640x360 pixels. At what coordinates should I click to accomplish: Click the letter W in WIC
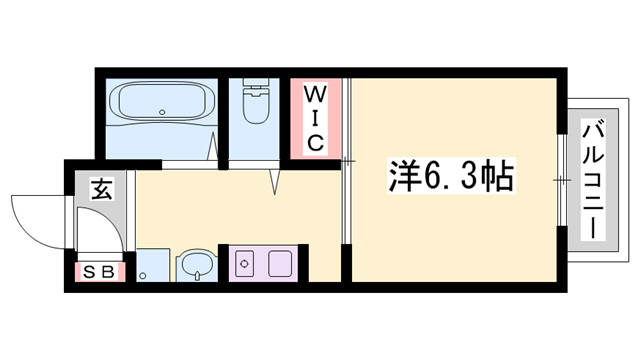(x=314, y=96)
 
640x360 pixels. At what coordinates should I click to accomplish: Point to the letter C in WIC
(x=314, y=143)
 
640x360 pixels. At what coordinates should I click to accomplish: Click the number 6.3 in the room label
(x=447, y=176)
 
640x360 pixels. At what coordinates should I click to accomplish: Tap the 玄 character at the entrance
(x=101, y=187)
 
